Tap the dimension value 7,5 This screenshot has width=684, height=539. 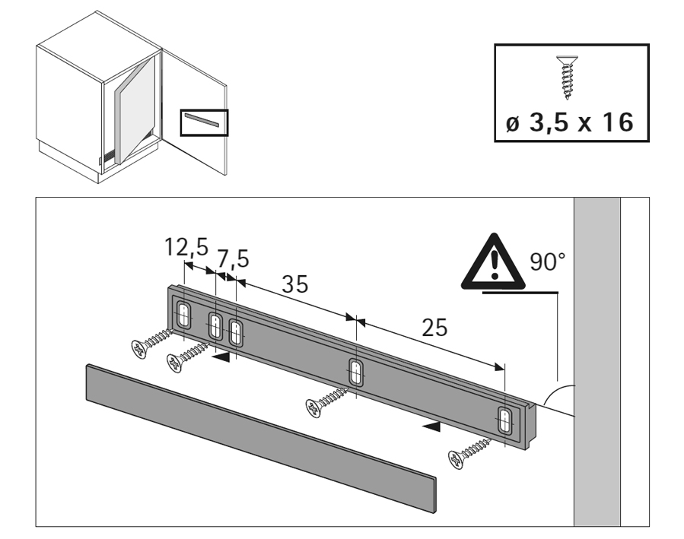[234, 260]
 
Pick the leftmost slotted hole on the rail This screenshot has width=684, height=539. [184, 313]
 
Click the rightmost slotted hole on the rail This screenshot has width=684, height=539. [504, 420]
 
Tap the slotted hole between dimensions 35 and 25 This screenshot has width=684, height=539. [355, 372]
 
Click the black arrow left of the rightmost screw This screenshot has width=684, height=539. [431, 428]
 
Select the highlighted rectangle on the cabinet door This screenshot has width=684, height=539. [204, 122]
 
